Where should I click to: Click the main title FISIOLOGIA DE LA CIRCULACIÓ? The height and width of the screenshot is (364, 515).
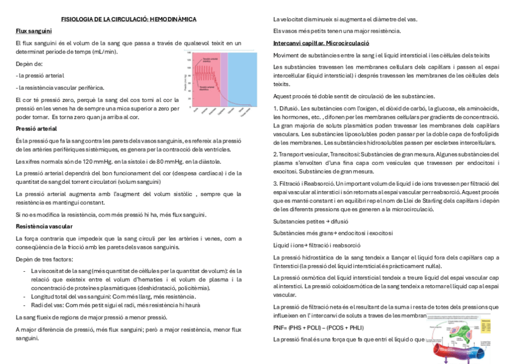tap(129, 19)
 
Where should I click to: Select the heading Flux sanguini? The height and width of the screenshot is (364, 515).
tap(33, 30)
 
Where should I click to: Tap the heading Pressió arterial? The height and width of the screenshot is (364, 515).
tap(36, 129)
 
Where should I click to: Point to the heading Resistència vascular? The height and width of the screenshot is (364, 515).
tap(43, 226)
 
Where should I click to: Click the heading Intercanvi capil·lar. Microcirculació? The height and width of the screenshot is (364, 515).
tap(321, 44)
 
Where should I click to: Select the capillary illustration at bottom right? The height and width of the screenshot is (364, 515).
tap(463, 339)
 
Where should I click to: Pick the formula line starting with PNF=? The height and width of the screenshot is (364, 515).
tap(318, 328)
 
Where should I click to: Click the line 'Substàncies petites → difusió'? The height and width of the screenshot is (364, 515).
tap(310, 221)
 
